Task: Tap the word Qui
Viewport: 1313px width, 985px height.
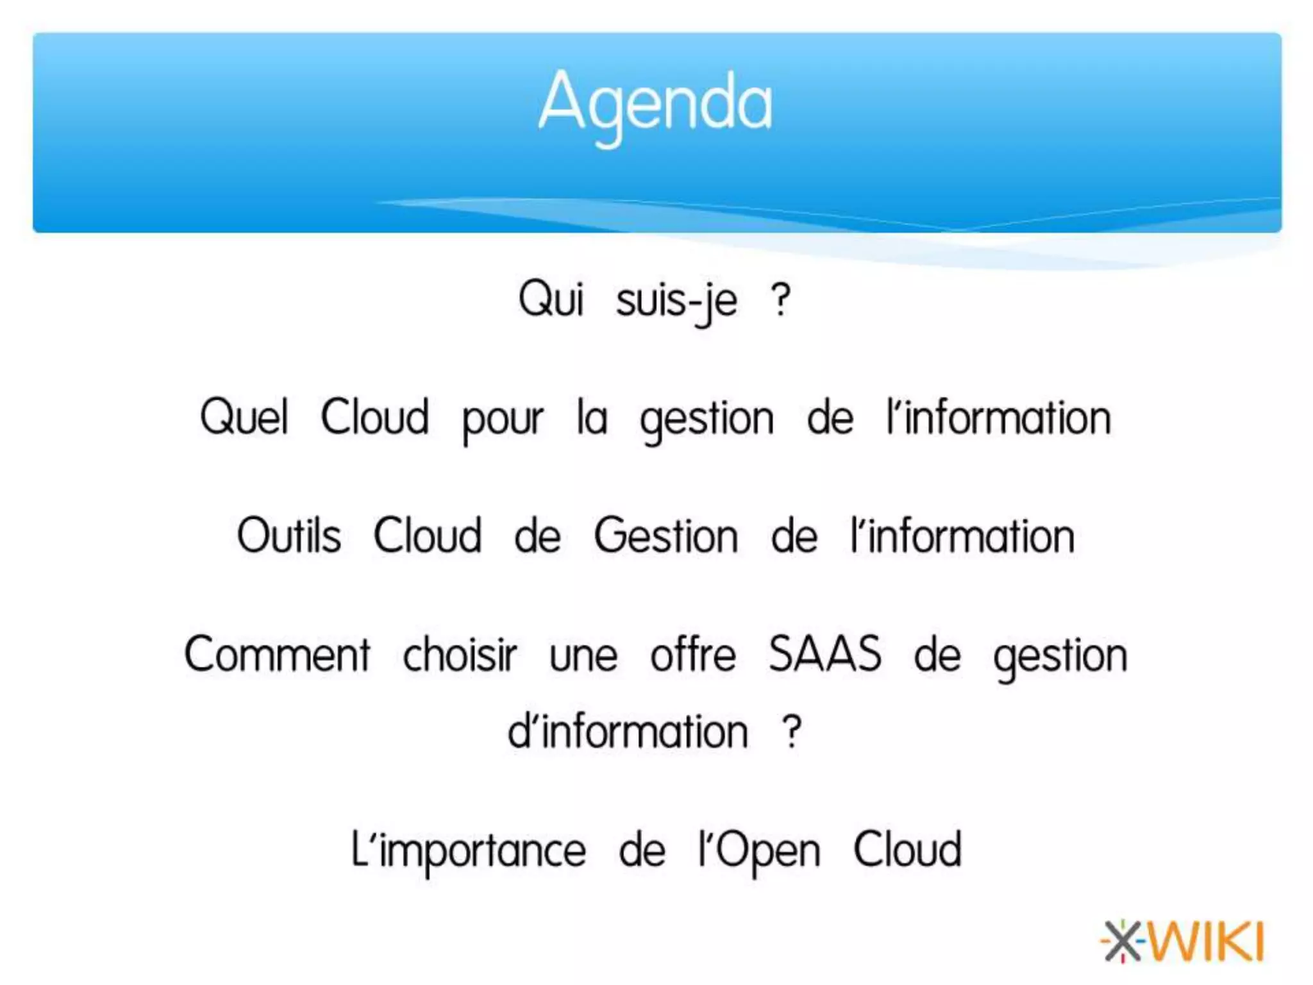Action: coord(551,299)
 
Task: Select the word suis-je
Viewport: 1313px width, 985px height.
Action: coord(676,301)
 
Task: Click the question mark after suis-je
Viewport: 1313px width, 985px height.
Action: coord(780,300)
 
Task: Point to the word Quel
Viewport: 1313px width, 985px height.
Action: coord(244,417)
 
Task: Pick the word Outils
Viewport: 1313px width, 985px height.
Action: coord(289,535)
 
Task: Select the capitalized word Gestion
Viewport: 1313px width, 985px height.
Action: coord(665,536)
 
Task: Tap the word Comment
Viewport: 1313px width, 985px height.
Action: coord(277,655)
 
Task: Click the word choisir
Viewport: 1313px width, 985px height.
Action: coord(460,655)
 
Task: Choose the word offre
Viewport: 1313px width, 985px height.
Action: coord(693,655)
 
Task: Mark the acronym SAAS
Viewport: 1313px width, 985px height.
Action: coord(824,655)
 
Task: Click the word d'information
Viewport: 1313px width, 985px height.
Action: coord(628,732)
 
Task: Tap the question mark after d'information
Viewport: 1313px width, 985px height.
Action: coord(792,732)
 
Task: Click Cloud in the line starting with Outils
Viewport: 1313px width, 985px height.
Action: coord(427,535)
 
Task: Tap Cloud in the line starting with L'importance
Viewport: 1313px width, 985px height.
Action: coord(907,850)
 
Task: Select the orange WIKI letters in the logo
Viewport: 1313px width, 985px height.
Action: coord(1205,941)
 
